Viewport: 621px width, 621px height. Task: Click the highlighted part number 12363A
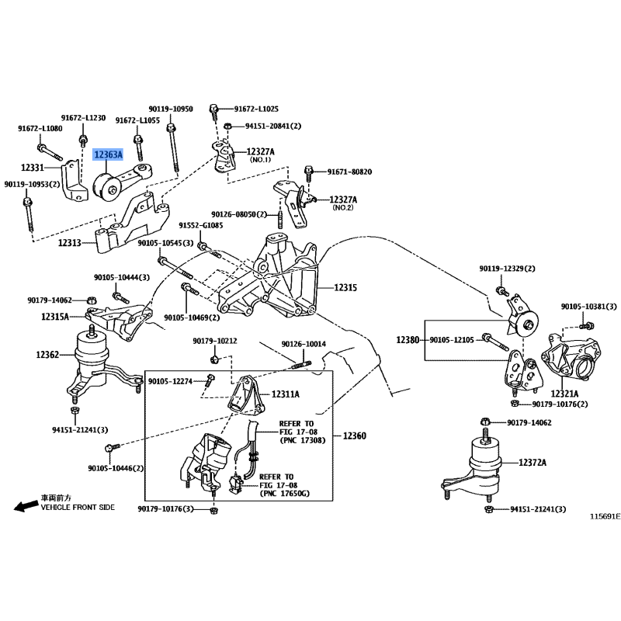(x=108, y=155)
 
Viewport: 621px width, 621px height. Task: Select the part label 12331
(x=33, y=167)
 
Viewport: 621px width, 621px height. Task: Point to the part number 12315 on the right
(x=345, y=287)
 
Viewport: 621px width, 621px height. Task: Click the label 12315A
(x=55, y=317)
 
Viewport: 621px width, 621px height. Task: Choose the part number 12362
(x=47, y=355)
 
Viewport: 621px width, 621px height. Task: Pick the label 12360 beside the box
(x=353, y=436)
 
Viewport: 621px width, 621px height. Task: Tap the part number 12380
(x=408, y=339)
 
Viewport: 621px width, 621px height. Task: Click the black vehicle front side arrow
(x=26, y=505)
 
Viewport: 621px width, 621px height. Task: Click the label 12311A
(x=286, y=394)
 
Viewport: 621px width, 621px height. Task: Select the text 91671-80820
(x=349, y=172)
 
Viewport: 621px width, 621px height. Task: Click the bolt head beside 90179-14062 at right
(x=485, y=423)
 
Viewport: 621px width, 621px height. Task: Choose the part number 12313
(x=69, y=243)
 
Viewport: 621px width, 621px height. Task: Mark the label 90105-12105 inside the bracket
(x=451, y=339)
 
